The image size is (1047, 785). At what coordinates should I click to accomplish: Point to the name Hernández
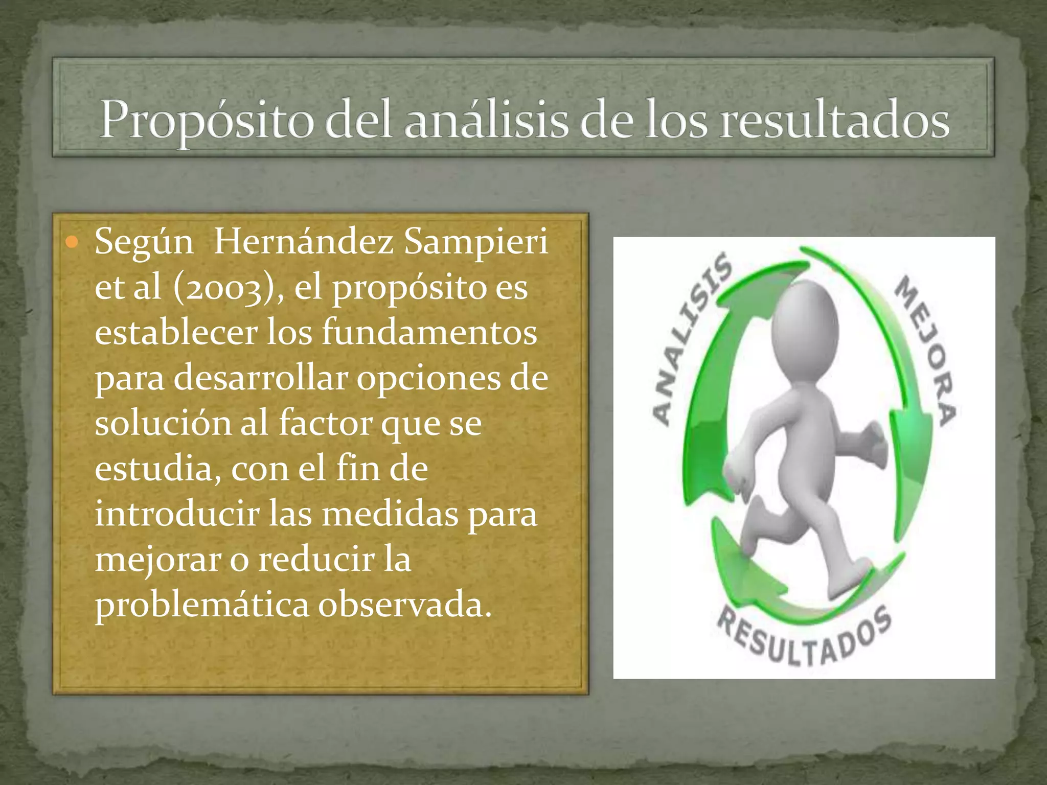coord(304,242)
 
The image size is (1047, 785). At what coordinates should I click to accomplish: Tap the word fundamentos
coord(429,333)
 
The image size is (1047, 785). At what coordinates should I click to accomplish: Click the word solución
coord(163,424)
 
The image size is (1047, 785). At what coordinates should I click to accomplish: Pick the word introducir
coord(177,514)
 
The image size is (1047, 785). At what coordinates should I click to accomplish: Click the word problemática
coord(202,605)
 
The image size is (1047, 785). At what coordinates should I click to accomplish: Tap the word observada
coord(404,605)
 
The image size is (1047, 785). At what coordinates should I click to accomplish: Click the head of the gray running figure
coord(805,324)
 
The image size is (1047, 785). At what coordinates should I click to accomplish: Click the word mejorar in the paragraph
coord(158,560)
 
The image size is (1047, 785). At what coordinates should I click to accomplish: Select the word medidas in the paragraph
coord(390,514)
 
